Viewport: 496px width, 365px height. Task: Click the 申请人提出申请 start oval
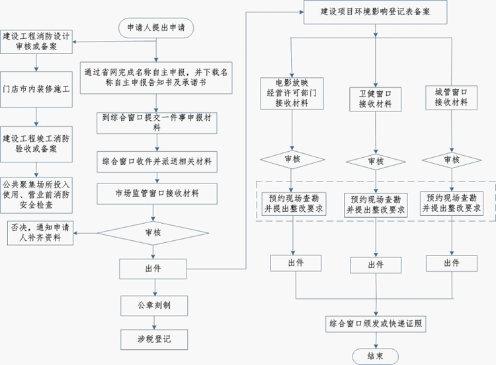click(x=156, y=28)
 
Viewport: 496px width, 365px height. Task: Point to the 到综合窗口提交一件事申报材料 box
click(x=157, y=122)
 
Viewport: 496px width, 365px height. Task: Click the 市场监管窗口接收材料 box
click(x=157, y=193)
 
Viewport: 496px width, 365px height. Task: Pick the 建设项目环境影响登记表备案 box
click(x=375, y=12)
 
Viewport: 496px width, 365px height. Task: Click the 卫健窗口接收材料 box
click(x=375, y=98)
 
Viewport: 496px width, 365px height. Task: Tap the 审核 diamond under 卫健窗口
click(x=375, y=162)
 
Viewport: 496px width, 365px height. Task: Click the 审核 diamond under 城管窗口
click(x=452, y=160)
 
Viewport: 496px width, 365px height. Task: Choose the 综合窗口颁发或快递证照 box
click(x=375, y=324)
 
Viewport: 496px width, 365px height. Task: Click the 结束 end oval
click(x=375, y=356)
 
